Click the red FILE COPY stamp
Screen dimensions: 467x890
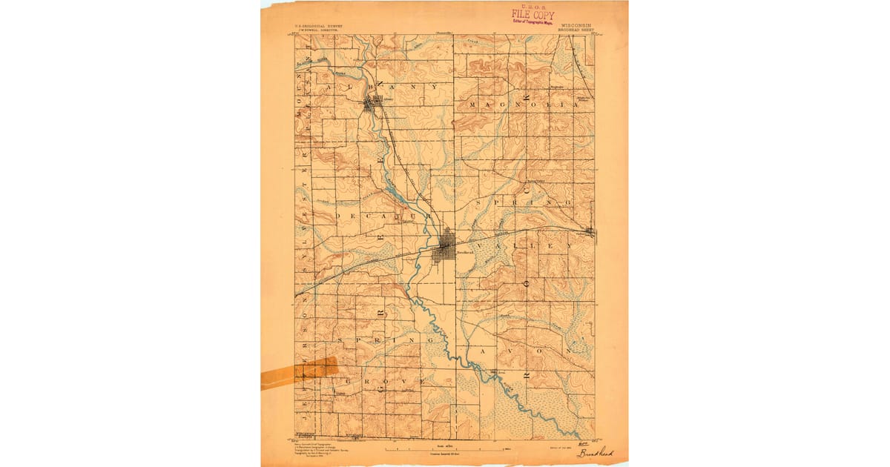pyautogui.click(x=532, y=15)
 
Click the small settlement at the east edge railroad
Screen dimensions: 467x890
pyautogui.click(x=590, y=233)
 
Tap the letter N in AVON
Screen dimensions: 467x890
pyautogui.click(x=570, y=350)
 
